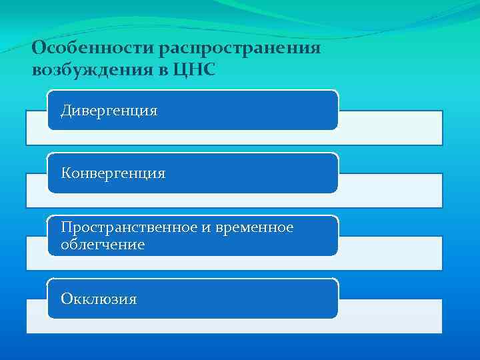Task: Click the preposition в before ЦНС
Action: (167, 70)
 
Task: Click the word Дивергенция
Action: (109, 110)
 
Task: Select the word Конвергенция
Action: (113, 173)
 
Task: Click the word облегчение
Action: (102, 245)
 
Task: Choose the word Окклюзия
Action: (99, 299)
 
